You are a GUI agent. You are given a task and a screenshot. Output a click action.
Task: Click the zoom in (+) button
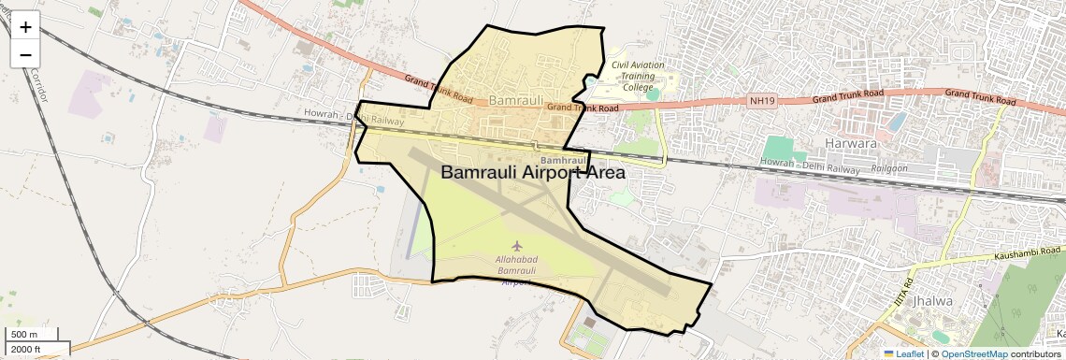pos(25,27)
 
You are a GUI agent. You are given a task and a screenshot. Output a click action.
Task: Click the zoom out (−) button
pos(25,54)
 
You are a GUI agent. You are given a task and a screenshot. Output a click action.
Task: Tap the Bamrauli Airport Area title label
pos(533,173)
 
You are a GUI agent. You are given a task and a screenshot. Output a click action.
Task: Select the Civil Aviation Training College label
pos(638,76)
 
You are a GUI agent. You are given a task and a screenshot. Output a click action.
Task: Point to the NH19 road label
pos(763,100)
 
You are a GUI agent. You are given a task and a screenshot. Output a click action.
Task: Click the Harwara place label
pos(851,144)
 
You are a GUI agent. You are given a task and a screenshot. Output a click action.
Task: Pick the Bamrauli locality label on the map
pos(511,99)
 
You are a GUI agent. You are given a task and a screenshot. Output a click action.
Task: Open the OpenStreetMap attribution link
pos(973,353)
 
